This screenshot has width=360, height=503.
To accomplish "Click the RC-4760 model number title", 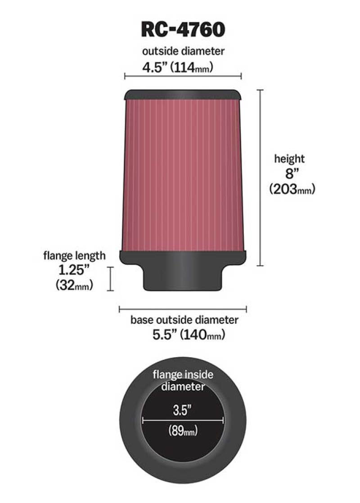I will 183,30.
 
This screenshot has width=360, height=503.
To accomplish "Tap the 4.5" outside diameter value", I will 156,68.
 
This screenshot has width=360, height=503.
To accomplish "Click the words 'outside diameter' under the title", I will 183,51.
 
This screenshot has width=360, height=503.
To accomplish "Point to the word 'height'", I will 289,159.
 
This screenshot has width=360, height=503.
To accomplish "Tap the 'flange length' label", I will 74,256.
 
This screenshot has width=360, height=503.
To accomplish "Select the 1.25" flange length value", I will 75,270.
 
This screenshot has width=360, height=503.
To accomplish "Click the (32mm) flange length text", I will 74,285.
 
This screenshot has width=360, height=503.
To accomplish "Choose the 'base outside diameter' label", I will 184,320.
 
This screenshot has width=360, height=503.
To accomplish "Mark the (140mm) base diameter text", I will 202,335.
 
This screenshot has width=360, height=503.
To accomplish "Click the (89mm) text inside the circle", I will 183,431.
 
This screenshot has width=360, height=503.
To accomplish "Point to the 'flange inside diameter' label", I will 183,380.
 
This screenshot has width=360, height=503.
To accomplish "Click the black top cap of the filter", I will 183,95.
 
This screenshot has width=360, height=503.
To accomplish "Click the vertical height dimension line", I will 260,178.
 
